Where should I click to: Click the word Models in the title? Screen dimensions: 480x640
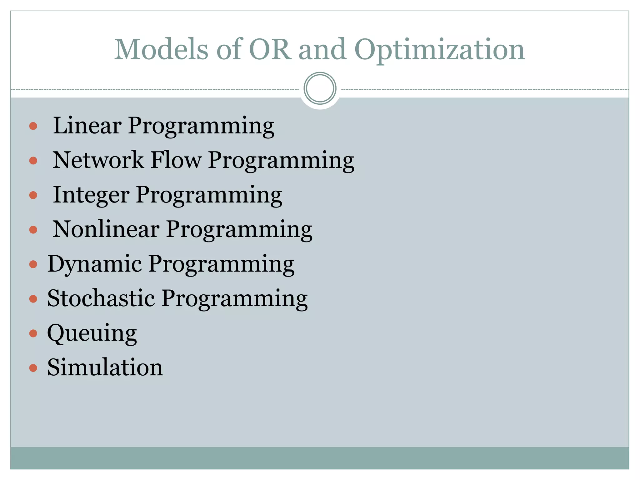(x=161, y=50)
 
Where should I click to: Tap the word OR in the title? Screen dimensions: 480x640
(x=269, y=50)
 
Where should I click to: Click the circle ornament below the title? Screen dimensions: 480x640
(x=320, y=88)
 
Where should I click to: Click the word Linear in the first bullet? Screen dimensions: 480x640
(x=87, y=126)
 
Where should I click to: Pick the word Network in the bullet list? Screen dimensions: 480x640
(x=98, y=160)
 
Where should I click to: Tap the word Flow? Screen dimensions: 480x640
(x=176, y=160)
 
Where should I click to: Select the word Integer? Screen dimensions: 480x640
(x=91, y=195)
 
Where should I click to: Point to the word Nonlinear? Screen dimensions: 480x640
(x=106, y=229)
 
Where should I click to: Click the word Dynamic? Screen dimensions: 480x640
(x=95, y=264)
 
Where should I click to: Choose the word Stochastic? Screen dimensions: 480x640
(x=101, y=298)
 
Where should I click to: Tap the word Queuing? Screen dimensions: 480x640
(x=92, y=333)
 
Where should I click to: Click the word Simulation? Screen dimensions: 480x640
(x=105, y=367)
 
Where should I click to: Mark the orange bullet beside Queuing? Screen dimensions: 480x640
(x=33, y=333)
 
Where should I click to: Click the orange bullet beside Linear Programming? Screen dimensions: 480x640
(x=33, y=126)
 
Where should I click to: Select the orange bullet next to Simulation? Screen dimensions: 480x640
(x=33, y=368)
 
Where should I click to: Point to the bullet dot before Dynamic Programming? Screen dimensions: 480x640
(x=33, y=264)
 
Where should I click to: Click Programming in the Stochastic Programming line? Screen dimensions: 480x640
(x=235, y=299)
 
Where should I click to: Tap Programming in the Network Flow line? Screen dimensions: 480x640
(x=281, y=161)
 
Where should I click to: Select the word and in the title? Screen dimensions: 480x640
(x=322, y=50)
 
